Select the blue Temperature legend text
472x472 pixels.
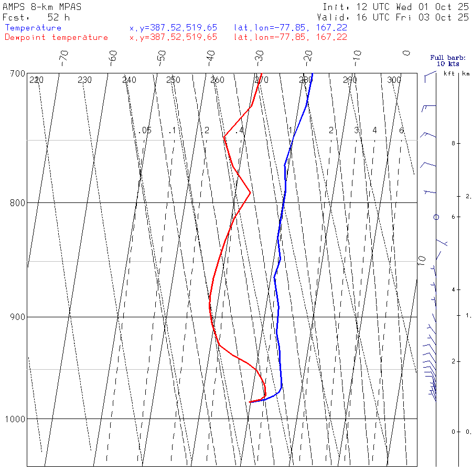[x=33, y=28]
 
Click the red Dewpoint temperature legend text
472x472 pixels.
[x=56, y=37]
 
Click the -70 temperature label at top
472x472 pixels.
[x=64, y=56]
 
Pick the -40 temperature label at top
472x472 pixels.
[x=211, y=56]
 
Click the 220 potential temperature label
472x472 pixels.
[x=36, y=80]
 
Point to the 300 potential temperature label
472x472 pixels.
[x=394, y=80]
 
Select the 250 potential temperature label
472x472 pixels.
[x=173, y=80]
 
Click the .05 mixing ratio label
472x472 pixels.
[x=146, y=130]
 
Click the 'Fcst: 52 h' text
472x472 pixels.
[x=36, y=17]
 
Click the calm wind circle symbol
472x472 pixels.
[x=436, y=217]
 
